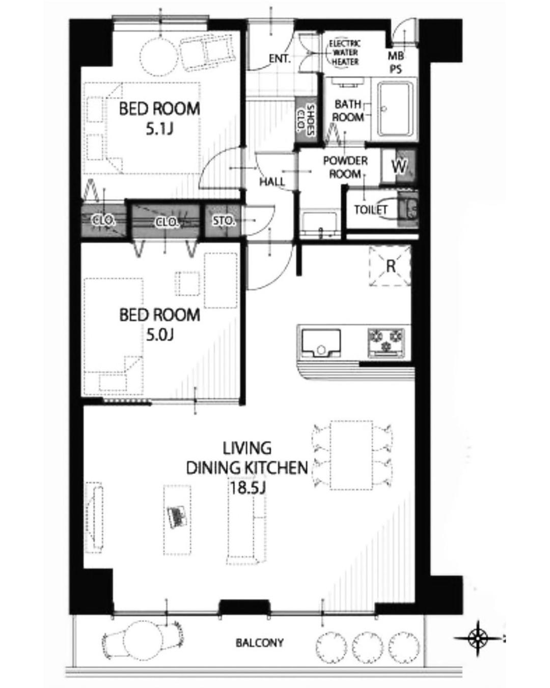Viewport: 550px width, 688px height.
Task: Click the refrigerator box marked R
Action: (x=390, y=266)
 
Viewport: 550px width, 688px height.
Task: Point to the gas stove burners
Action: (x=386, y=342)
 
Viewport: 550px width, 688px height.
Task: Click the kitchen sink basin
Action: (x=321, y=342)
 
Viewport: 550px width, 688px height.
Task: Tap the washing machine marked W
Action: (x=399, y=166)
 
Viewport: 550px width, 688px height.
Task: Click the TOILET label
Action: (x=371, y=210)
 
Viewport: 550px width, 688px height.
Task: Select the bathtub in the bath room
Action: (x=395, y=109)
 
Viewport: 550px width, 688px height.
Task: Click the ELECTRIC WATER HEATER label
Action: (x=345, y=53)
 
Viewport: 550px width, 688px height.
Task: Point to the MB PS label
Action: (x=396, y=63)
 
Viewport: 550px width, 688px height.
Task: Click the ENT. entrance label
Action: (x=280, y=59)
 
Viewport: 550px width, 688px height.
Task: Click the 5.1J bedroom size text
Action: (x=159, y=129)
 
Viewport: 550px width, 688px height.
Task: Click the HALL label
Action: (x=272, y=182)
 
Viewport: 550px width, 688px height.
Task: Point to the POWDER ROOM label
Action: (x=345, y=167)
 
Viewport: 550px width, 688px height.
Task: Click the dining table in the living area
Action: (x=351, y=455)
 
